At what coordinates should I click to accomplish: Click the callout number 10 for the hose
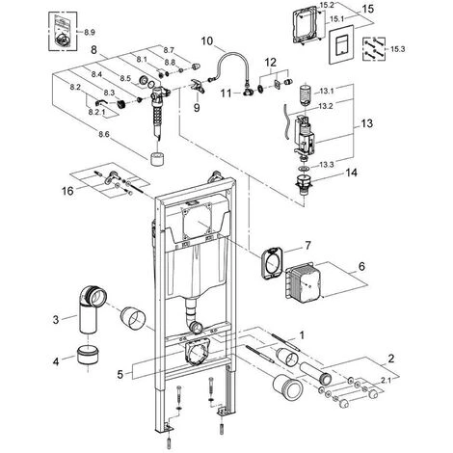pos(207,41)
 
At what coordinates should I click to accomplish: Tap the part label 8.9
pos(90,32)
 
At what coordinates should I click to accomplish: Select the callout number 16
pos(67,191)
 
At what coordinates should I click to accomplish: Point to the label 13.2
pos(326,107)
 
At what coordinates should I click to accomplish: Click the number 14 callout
pos(351,173)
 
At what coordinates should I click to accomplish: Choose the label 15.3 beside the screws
pos(398,49)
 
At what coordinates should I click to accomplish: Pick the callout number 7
pos(308,246)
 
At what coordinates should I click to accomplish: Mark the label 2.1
pos(386,381)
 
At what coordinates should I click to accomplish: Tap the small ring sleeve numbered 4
pos(89,355)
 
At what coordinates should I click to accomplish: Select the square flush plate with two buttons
pos(341,44)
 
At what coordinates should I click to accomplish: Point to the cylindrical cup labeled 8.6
pos(157,159)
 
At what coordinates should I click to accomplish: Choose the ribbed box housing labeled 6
pos(302,280)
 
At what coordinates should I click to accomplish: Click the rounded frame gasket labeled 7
pos(272,263)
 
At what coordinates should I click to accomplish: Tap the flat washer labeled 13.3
pos(304,168)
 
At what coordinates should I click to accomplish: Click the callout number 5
pos(120,374)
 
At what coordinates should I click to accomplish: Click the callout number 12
pos(271,62)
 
